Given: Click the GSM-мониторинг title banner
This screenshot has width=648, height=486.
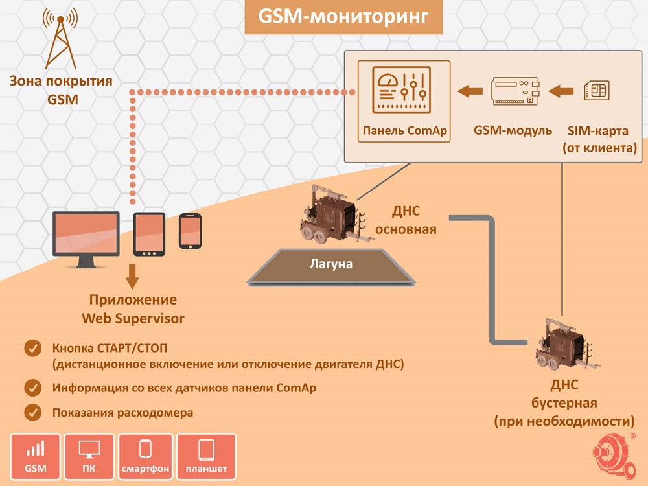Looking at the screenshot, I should pos(343,17).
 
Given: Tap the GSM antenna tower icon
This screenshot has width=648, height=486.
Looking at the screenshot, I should pos(60,40).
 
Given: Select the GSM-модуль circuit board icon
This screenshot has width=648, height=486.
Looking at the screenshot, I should pos(515,92).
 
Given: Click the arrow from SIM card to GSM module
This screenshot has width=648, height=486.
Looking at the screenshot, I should pos(562,91).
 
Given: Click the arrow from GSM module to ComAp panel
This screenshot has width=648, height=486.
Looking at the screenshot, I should pos(470,91).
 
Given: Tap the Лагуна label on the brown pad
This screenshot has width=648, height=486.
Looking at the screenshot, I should pos(330,264).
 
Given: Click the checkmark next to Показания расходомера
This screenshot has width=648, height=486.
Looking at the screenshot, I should pos(32,412).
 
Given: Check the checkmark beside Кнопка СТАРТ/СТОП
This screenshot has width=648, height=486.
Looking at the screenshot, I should pos(32,348).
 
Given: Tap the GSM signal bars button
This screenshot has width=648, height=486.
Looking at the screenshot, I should pos(35,456).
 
